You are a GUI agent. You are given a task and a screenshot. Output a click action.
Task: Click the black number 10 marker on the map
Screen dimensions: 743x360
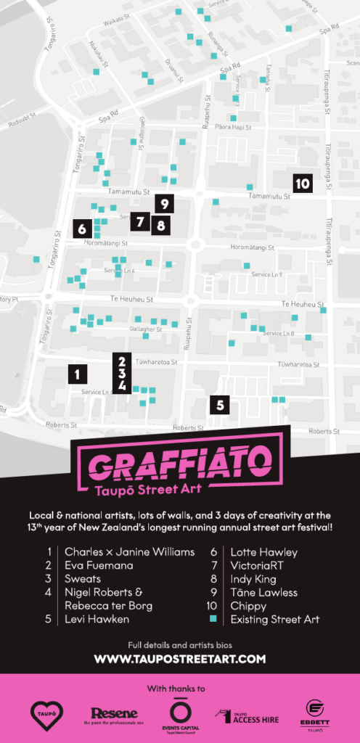(303, 184)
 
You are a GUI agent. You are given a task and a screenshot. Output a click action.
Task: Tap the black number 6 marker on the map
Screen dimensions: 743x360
(82, 229)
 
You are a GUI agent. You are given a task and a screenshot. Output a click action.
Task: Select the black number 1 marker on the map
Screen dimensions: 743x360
(77, 374)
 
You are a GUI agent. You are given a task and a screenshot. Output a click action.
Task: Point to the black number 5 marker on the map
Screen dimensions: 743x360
(221, 404)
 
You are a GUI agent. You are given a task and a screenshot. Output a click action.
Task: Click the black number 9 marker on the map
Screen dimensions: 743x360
(164, 205)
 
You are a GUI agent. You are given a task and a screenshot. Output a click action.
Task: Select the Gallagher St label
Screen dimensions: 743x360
(145, 329)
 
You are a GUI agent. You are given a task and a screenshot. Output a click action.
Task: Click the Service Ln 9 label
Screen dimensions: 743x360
(267, 275)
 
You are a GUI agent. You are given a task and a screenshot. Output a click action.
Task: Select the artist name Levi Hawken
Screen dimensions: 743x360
(97, 620)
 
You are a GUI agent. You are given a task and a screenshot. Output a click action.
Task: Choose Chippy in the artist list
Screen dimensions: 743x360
(248, 606)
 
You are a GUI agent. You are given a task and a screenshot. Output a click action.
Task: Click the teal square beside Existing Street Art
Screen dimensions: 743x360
(214, 620)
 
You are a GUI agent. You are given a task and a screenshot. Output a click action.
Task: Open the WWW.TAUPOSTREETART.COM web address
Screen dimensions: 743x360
(180, 660)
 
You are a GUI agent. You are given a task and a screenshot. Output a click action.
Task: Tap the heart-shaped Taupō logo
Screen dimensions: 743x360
(46, 715)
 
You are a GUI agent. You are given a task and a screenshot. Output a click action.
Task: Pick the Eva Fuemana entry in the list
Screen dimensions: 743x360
(99, 565)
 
